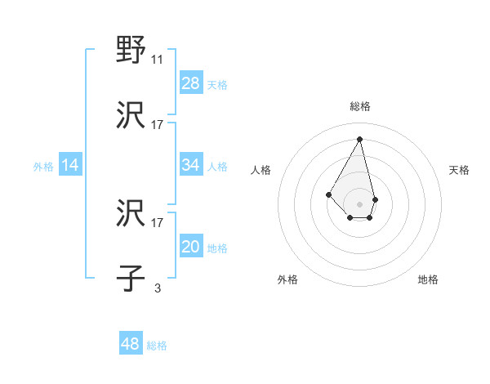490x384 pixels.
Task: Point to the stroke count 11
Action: point(158,60)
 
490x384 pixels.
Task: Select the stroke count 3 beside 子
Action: point(158,288)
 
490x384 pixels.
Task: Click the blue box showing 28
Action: point(191,83)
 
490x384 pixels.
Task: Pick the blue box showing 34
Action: point(191,165)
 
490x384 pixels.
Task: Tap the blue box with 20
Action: point(191,248)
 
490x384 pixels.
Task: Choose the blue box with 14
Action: point(70,165)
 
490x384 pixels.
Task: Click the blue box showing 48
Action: point(131,344)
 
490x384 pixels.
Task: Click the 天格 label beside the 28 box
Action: point(217,84)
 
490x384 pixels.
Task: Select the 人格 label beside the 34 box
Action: point(217,167)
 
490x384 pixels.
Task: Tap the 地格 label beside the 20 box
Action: point(217,248)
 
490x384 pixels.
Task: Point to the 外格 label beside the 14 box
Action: point(43,167)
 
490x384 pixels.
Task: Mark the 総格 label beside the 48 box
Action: point(157,346)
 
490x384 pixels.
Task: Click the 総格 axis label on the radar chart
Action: point(360,106)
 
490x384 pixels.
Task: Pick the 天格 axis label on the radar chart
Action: point(460,170)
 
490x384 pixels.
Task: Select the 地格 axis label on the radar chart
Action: point(428,279)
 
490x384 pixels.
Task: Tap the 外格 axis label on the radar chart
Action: point(287,279)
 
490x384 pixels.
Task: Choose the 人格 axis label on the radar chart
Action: point(261,170)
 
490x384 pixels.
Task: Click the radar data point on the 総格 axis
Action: point(360,138)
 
